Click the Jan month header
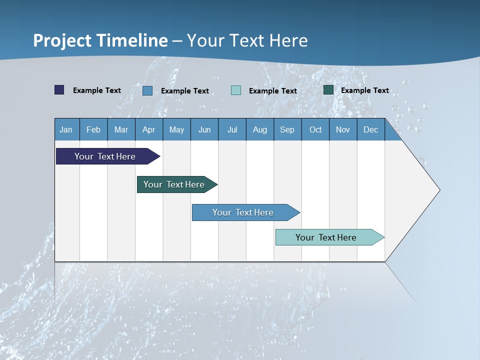(x=66, y=129)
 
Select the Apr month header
(x=149, y=129)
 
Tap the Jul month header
(x=232, y=129)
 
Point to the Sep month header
(x=287, y=129)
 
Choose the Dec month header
(x=370, y=129)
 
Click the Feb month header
(x=93, y=129)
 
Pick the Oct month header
(x=315, y=129)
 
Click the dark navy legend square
(x=59, y=90)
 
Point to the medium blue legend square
(x=147, y=90)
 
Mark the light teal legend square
(x=236, y=90)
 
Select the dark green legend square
(x=328, y=90)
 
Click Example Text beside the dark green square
(x=365, y=90)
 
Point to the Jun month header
(x=204, y=129)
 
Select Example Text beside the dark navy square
(x=97, y=90)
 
